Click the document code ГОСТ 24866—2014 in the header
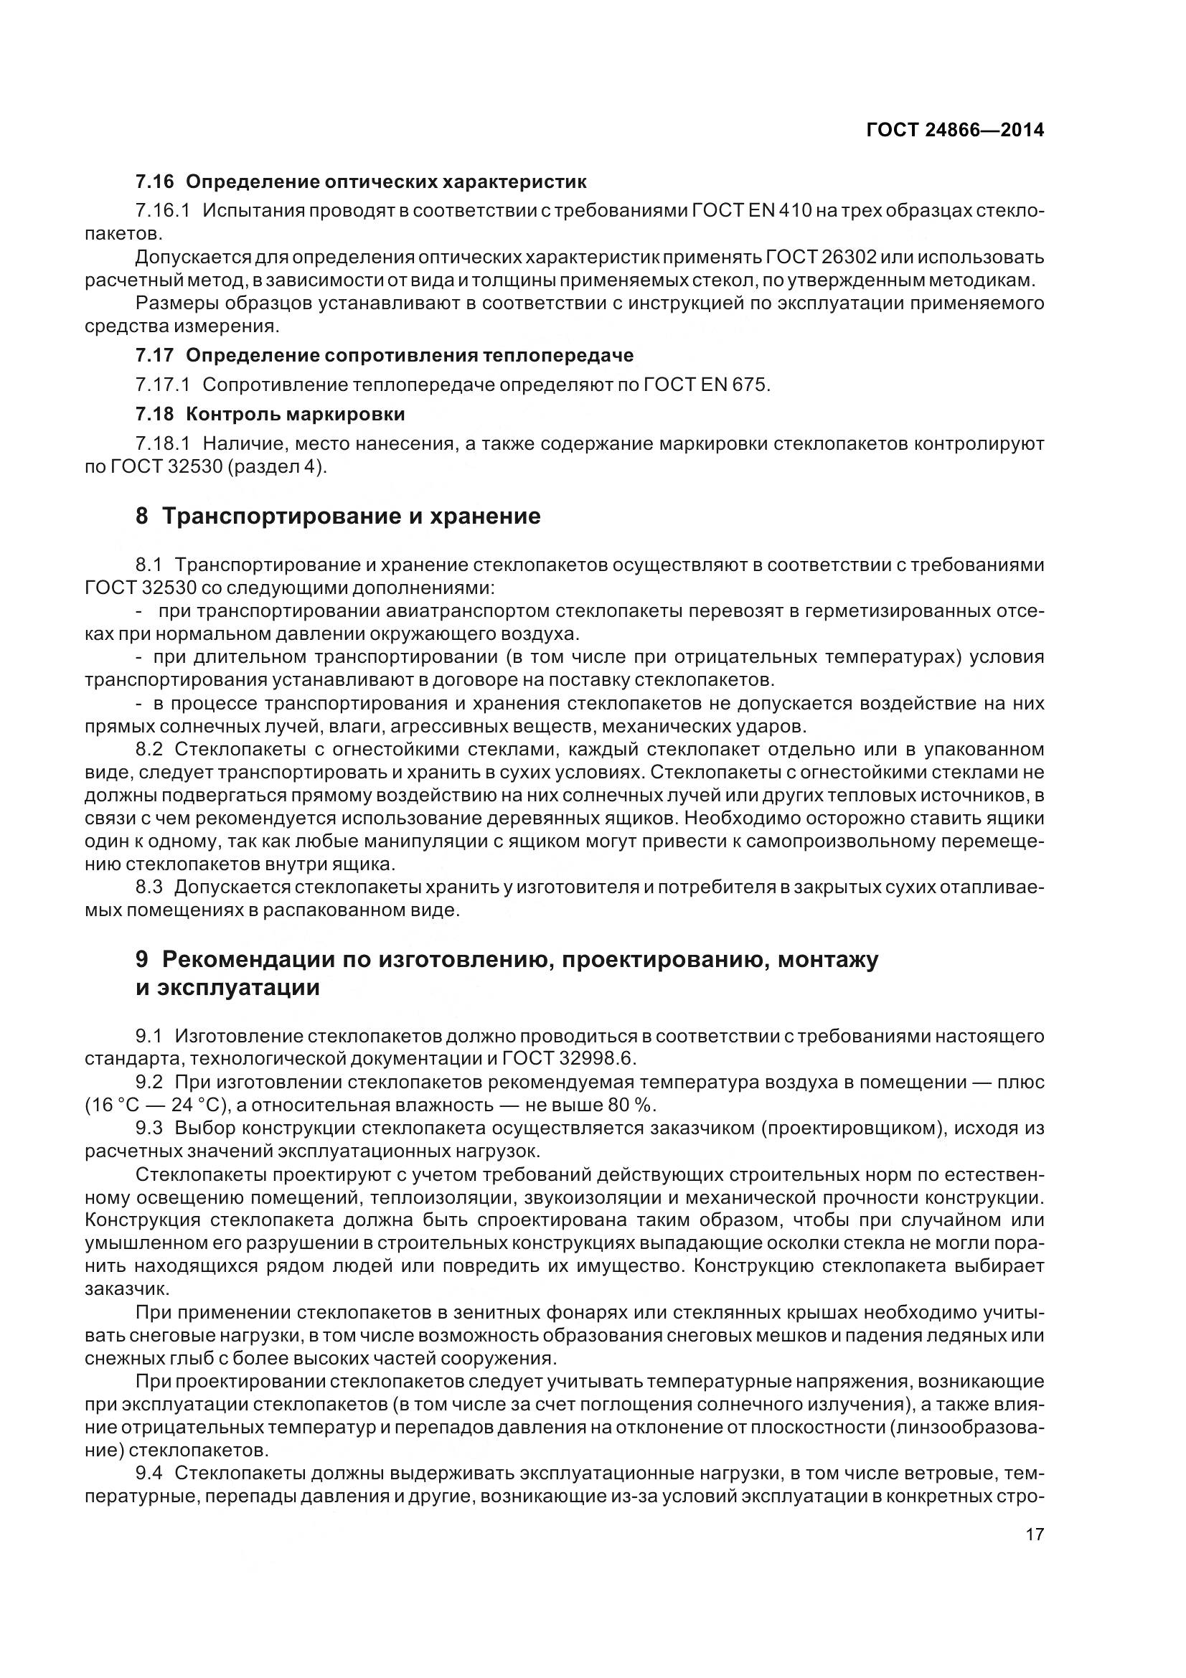point(954,130)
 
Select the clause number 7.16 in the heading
point(154,182)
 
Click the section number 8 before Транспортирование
point(142,516)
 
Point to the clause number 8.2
point(151,749)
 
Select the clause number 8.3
point(151,887)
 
